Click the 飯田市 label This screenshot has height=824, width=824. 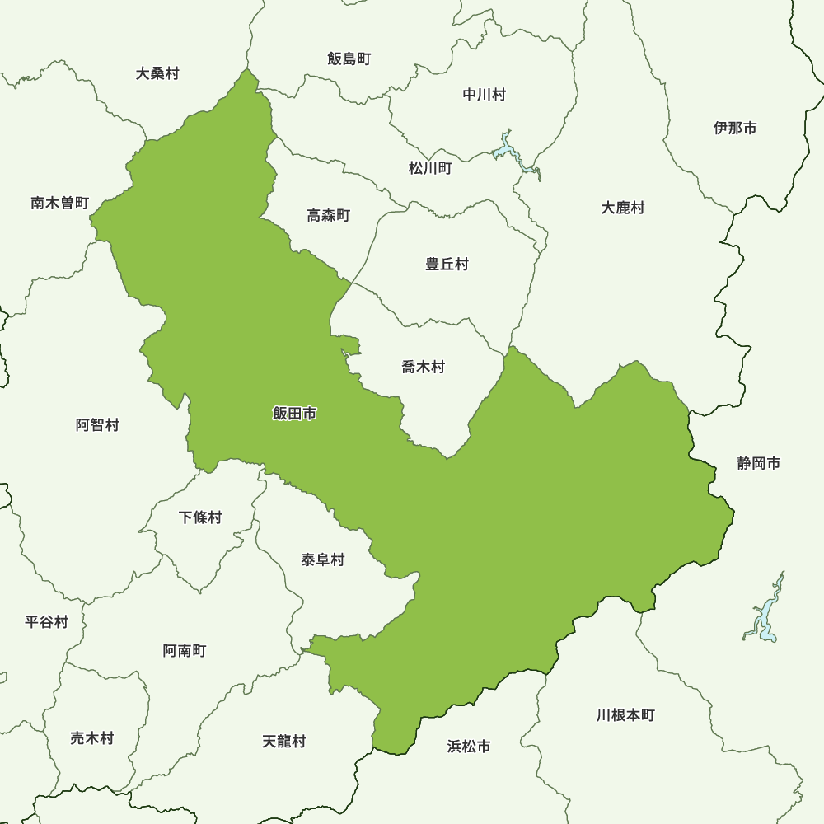(x=294, y=414)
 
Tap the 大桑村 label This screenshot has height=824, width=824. (x=157, y=73)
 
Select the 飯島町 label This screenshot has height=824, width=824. (x=349, y=59)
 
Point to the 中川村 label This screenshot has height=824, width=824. (x=484, y=95)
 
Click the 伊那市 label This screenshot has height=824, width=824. (x=735, y=128)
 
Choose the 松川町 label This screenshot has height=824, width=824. (x=430, y=168)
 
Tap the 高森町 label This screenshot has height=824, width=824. (x=328, y=216)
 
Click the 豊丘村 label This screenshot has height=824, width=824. (x=447, y=265)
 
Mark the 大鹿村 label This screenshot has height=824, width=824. (x=622, y=208)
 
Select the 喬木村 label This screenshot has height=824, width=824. (x=423, y=368)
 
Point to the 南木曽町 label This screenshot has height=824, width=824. (x=59, y=203)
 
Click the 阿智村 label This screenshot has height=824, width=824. (x=97, y=425)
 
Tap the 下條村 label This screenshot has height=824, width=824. (x=200, y=517)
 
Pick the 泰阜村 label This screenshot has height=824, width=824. (x=322, y=560)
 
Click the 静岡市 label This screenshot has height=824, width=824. (x=758, y=464)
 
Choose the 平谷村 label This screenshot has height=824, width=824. (x=46, y=621)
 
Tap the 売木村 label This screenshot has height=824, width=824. (x=91, y=738)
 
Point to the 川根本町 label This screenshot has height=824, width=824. (x=625, y=715)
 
